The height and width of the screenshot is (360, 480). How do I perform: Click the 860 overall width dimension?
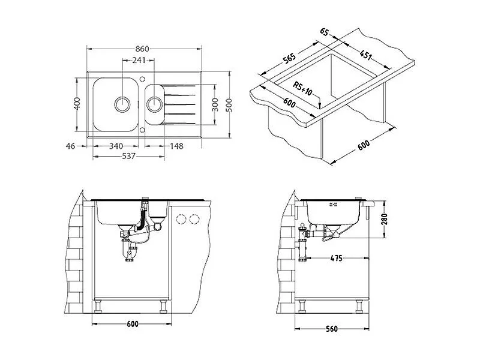(x=142, y=49)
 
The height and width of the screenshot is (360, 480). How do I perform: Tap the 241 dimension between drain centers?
(x=139, y=60)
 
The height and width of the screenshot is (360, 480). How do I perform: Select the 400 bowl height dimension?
(x=77, y=103)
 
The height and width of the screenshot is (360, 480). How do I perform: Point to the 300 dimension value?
(x=215, y=104)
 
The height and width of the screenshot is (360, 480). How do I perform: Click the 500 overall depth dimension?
(x=229, y=105)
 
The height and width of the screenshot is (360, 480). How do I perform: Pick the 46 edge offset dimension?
(x=70, y=146)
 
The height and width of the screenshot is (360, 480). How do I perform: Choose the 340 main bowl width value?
(x=116, y=146)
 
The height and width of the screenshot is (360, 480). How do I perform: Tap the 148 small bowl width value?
(x=176, y=146)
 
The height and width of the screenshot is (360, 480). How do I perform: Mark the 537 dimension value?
(x=128, y=156)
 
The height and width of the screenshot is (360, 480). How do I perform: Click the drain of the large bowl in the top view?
(x=122, y=104)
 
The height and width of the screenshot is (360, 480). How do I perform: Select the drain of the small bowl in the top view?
(x=154, y=104)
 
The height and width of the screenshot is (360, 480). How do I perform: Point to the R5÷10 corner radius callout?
(x=302, y=89)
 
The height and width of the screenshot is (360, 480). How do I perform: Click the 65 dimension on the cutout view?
(x=324, y=32)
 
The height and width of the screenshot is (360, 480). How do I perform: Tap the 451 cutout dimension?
(x=366, y=55)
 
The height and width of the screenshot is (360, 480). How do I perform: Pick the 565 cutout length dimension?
(x=289, y=58)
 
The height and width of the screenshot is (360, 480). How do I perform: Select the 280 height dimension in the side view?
(x=384, y=219)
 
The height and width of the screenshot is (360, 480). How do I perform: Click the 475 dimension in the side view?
(x=337, y=258)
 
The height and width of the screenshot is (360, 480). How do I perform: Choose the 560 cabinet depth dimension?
(x=332, y=329)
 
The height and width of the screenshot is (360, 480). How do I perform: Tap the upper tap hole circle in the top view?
(x=142, y=79)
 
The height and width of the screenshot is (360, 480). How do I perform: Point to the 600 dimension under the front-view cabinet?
(x=132, y=323)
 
